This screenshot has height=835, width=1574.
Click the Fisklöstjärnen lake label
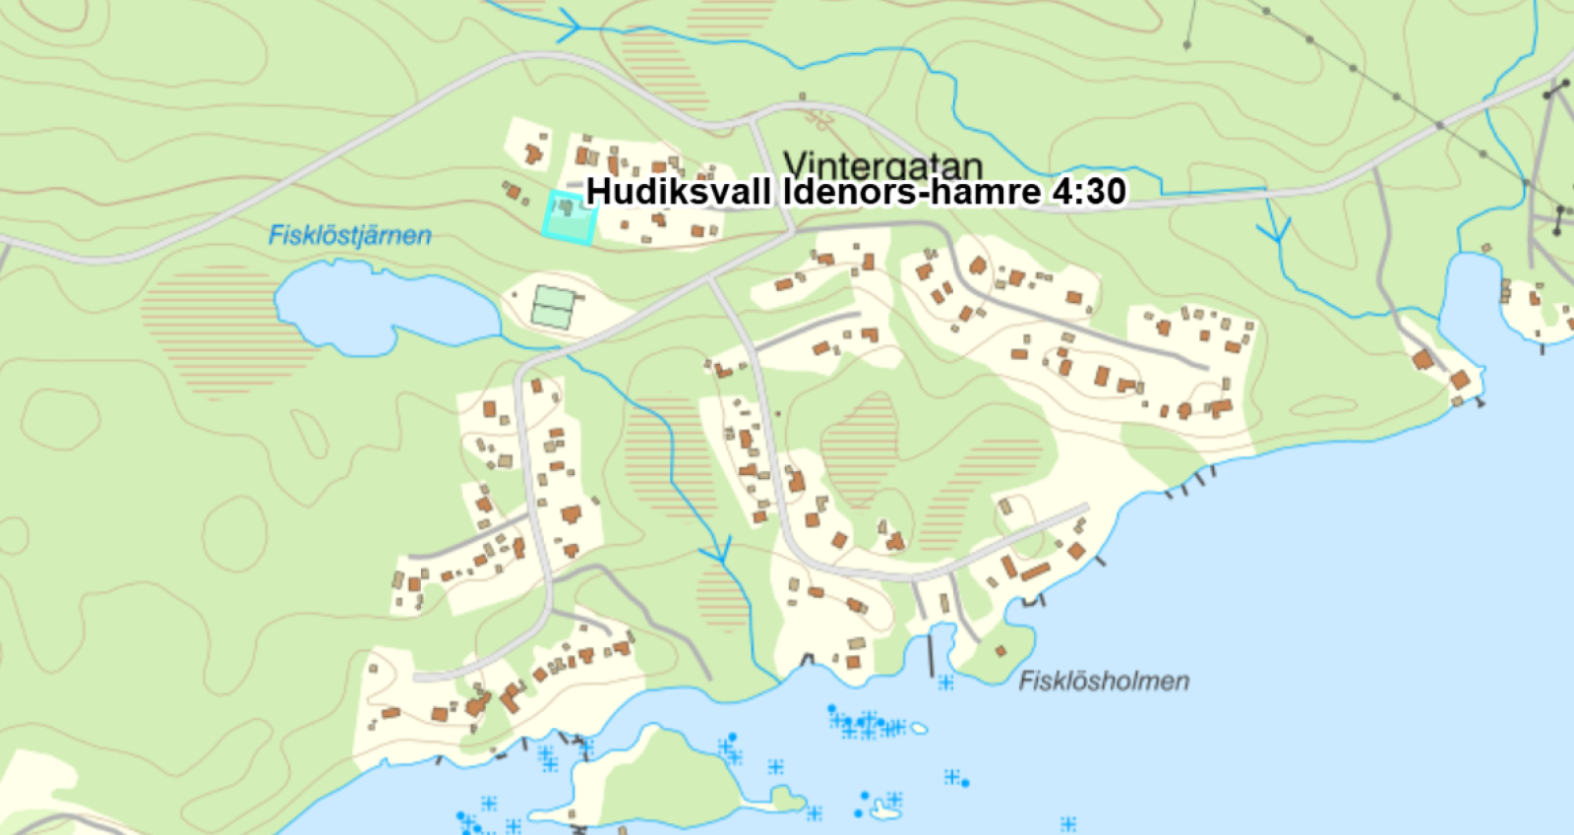pos(349,236)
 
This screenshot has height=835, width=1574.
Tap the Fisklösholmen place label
pos(1103,681)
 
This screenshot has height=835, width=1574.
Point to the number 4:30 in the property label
pos(1088,191)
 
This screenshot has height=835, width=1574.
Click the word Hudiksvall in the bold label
pos(678,191)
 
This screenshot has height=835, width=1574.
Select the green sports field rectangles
pos(553,307)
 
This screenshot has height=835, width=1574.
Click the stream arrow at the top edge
pos(569,24)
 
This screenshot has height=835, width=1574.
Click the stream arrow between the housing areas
pos(719,551)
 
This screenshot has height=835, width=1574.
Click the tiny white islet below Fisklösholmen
pos(919,729)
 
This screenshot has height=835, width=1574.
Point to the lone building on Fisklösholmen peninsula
pos(1000,651)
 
